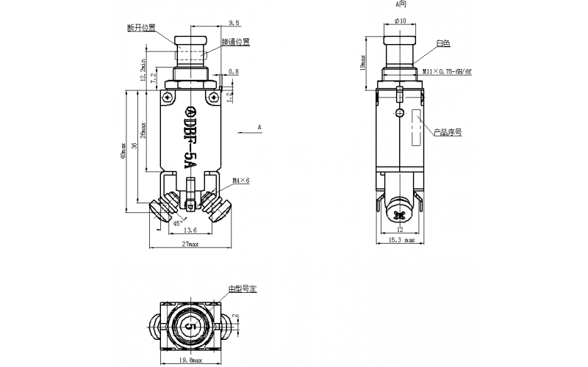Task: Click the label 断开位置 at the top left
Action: [142, 29]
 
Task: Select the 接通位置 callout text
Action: [236, 42]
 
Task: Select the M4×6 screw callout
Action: [241, 180]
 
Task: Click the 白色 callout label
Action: [442, 44]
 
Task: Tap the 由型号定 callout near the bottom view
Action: [242, 289]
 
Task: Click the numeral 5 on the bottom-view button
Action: [189, 324]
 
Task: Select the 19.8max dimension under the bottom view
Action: [189, 360]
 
